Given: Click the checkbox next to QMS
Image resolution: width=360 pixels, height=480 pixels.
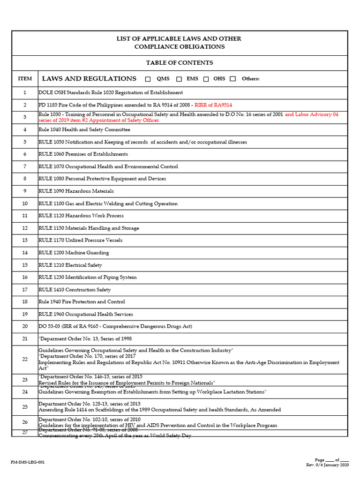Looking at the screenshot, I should tap(148, 79).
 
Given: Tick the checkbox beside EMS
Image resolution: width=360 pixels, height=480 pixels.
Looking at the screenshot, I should tap(179, 79).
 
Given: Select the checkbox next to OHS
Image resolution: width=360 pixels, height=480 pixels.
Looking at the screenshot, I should tap(206, 79).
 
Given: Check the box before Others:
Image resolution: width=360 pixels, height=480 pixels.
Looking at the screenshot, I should tap(233, 79).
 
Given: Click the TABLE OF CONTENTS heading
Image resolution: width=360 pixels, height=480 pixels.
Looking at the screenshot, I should tap(180, 63).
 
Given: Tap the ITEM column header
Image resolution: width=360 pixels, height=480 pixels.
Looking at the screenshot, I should tap(25, 79).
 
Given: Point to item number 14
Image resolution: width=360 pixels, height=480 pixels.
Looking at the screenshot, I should tap(25, 253).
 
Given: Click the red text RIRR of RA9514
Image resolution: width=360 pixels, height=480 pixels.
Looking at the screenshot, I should tap(213, 105).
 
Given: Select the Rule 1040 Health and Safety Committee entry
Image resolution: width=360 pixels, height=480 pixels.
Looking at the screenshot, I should tap(84, 129).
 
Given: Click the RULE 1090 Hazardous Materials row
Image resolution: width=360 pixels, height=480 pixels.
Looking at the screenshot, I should tap(76, 191).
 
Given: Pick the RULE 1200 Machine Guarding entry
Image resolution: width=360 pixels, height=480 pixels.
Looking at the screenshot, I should tap(74, 253).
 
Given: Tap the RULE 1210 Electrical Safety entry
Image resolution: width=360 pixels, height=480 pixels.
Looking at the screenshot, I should tap(70, 265).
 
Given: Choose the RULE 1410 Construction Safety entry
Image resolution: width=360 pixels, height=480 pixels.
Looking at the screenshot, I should tap(75, 290).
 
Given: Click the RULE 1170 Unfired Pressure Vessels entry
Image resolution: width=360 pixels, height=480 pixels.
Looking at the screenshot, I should tap(81, 240).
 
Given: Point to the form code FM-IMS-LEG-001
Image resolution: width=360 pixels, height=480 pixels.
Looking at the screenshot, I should tap(28, 462).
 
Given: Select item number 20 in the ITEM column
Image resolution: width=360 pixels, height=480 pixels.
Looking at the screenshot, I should tap(25, 327).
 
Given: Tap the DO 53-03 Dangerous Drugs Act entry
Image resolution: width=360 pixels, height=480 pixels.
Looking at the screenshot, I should tap(115, 327).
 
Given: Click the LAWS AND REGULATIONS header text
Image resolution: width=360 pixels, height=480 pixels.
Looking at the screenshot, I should tap(89, 79).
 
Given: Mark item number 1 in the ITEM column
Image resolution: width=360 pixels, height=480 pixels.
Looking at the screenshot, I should tap(25, 93).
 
